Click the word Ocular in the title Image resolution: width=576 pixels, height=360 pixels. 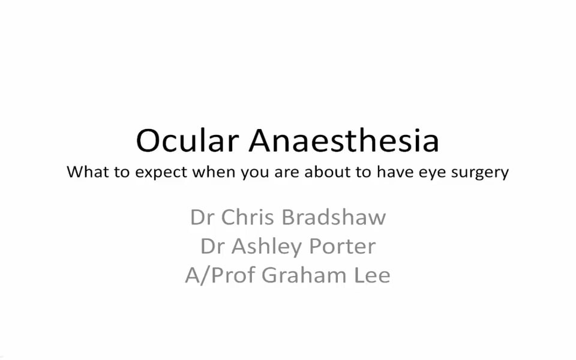(187, 140)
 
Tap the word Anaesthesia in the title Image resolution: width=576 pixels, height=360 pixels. (344, 140)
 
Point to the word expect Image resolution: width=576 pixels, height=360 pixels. (161, 173)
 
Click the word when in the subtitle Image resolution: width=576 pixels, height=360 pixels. (215, 172)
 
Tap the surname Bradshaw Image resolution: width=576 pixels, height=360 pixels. (334, 217)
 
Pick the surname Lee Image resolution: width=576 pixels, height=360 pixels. (372, 275)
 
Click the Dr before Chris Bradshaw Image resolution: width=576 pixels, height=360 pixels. (202, 217)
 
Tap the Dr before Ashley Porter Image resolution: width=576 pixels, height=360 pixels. (212, 246)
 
